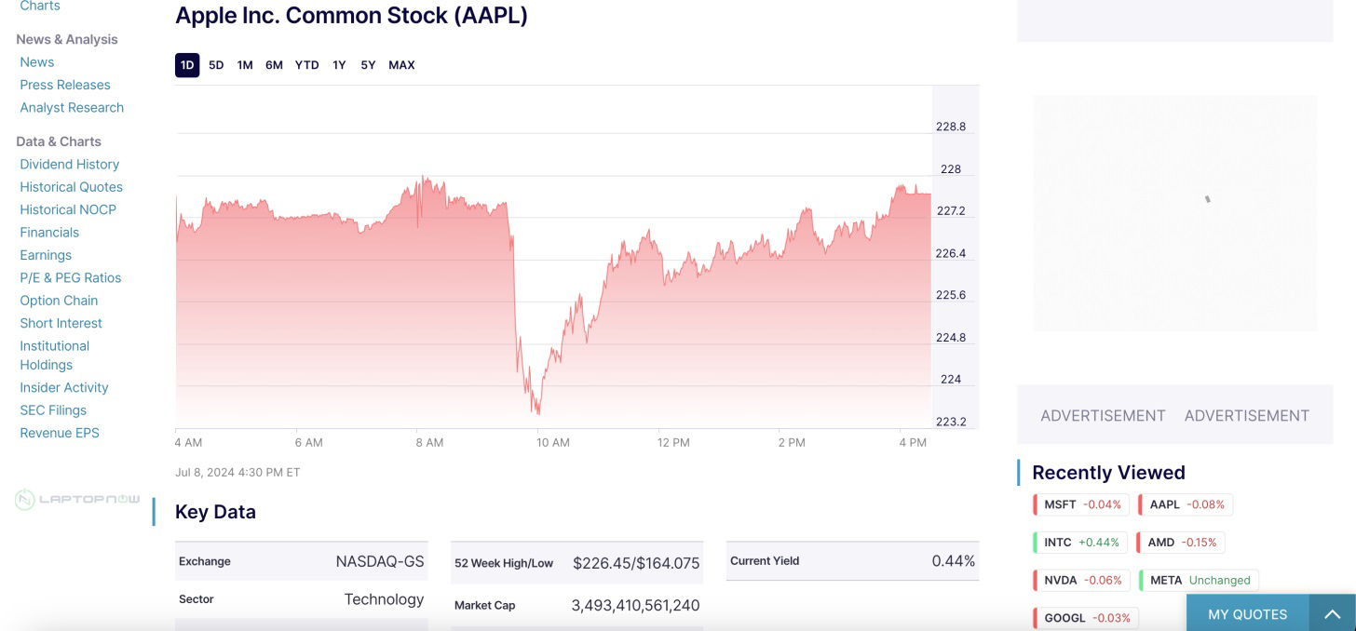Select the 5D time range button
[216, 65]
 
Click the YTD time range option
[306, 65]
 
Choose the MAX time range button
[401, 65]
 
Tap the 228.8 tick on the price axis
[951, 127]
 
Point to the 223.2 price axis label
[951, 422]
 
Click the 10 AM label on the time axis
[553, 442]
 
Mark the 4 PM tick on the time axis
[913, 442]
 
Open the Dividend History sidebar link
[70, 164]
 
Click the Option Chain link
[59, 301]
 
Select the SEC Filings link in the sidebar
[53, 410]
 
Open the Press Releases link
[65, 85]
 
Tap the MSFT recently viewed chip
[1081, 504]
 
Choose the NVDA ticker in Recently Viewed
[1081, 580]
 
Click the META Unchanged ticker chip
[1199, 580]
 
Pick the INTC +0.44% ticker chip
[1080, 542]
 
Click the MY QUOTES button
[1247, 614]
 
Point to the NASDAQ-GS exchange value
[379, 561]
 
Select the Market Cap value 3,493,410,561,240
[635, 605]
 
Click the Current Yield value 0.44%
[953, 561]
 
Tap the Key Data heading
[215, 512]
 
